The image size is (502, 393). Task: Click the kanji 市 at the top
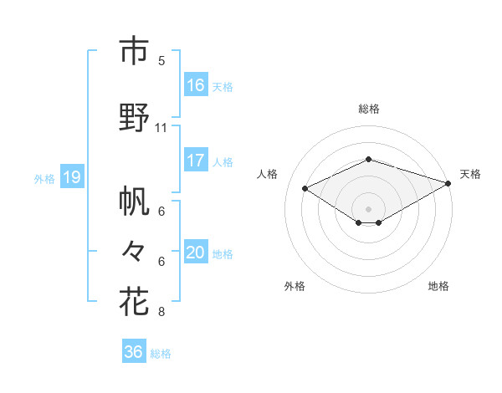134,52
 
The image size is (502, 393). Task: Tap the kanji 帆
134,202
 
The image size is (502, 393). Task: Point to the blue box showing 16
196,85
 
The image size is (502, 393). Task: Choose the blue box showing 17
196,161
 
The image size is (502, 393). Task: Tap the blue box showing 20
196,253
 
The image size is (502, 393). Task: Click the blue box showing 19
71,177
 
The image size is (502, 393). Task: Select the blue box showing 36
134,352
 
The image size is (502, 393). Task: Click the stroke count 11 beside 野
161,128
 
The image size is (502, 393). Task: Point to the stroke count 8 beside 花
161,312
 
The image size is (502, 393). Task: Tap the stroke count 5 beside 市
161,60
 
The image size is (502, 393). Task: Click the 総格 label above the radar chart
369,109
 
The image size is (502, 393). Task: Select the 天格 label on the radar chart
470,174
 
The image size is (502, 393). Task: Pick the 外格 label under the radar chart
295,286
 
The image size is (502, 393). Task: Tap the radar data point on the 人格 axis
305,188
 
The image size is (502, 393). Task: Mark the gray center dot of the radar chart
368,207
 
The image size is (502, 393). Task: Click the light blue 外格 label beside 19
44,178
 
